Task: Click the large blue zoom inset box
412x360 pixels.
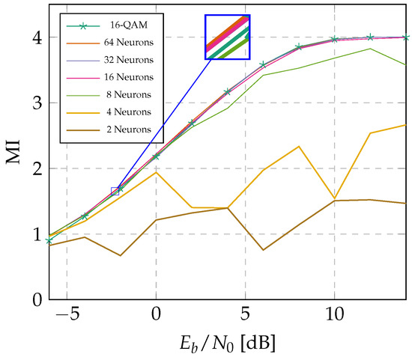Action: click(x=228, y=37)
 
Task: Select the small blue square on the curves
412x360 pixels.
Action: click(x=115, y=192)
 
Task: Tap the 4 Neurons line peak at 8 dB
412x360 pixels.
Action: click(x=299, y=146)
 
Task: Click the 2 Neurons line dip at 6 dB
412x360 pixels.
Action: click(x=263, y=250)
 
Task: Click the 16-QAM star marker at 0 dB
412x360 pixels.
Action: click(x=156, y=156)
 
